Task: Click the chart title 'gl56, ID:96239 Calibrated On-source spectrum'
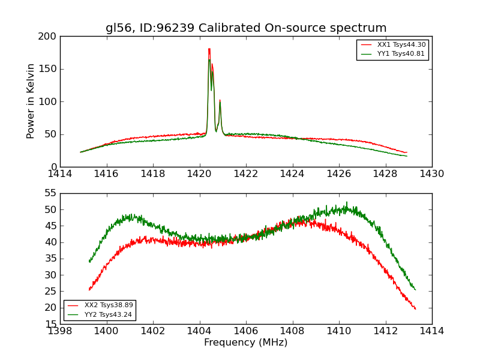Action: [x=246, y=28]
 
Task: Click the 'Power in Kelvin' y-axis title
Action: [x=31, y=101]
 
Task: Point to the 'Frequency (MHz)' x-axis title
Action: [x=246, y=343]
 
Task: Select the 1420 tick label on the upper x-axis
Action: [x=200, y=174]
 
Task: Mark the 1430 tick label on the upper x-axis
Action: [x=432, y=174]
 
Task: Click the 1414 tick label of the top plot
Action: [x=60, y=174]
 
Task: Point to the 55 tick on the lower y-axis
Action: [x=50, y=193]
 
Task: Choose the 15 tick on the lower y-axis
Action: [x=50, y=324]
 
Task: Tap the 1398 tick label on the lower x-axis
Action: [x=60, y=331]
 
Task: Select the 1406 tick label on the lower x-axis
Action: [x=246, y=331]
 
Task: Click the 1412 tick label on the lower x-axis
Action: [x=385, y=331]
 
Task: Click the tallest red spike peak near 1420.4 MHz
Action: [x=209, y=49]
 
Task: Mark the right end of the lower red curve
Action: [x=415, y=309]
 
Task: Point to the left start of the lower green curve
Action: [x=89, y=262]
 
